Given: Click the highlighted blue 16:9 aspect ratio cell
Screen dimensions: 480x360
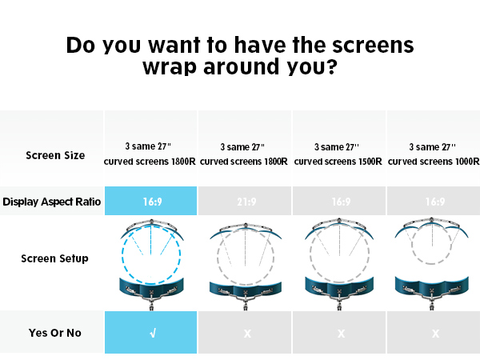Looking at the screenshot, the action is tap(150, 201).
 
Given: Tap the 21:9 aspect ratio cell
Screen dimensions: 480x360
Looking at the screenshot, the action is tap(245, 201).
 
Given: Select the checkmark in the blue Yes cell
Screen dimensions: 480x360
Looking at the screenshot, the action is tap(153, 333).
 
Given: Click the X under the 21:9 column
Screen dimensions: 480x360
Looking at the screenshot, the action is tap(247, 334).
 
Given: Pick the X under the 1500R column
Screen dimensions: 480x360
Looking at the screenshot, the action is tap(342, 334).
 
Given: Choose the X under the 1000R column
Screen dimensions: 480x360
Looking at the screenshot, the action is tap(436, 334).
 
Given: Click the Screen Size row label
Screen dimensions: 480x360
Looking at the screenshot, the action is tap(55, 155).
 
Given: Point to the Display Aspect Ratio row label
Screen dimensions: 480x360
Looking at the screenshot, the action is tap(51, 202).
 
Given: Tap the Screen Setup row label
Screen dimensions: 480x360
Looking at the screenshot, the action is tap(54, 258).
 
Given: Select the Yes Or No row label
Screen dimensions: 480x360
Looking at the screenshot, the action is tap(55, 333).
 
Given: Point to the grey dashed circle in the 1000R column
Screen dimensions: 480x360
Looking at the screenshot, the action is tap(412, 245).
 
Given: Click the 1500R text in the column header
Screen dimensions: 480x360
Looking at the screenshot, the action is tap(370, 162).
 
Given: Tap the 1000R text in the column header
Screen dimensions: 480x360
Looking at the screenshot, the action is tap(467, 162).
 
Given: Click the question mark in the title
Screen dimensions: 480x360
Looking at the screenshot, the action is tap(331, 66).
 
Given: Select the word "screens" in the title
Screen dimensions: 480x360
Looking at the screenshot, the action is tap(373, 46).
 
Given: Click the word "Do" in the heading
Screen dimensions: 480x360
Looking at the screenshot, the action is tap(80, 46).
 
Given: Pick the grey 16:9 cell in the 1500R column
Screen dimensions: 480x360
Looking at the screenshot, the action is tap(339, 201).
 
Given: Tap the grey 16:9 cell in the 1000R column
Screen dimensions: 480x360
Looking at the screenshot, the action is tap(434, 201).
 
